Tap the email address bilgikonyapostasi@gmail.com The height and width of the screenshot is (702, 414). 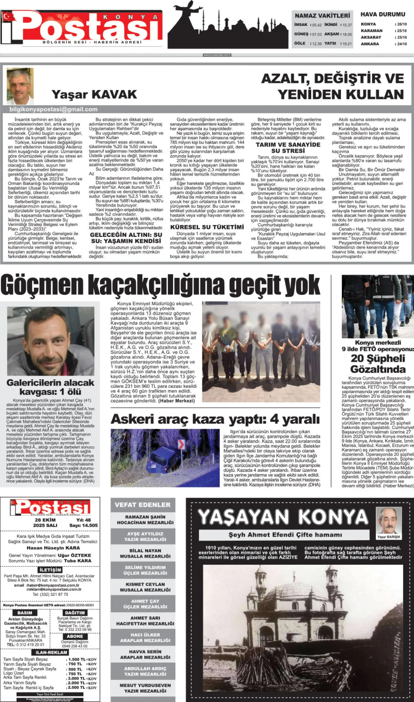[53, 109]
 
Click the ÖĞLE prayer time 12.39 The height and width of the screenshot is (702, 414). [317, 44]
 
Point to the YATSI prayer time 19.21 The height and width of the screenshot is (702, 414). [347, 44]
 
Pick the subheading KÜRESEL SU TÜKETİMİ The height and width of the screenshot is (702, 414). [207, 227]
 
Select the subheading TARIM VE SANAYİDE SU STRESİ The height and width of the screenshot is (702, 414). [288, 148]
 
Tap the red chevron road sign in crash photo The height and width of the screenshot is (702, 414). [181, 445]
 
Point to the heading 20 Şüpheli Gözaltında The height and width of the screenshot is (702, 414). [378, 363]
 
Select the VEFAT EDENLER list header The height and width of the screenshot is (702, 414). [143, 505]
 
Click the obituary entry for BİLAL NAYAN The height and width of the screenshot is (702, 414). [145, 553]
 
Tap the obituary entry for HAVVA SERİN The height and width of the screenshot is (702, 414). [145, 654]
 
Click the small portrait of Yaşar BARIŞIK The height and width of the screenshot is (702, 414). [388, 521]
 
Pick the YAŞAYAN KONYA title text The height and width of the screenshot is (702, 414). [283, 517]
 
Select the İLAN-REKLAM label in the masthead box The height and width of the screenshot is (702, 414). [51, 652]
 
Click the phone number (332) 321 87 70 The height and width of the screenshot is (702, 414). [50, 594]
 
